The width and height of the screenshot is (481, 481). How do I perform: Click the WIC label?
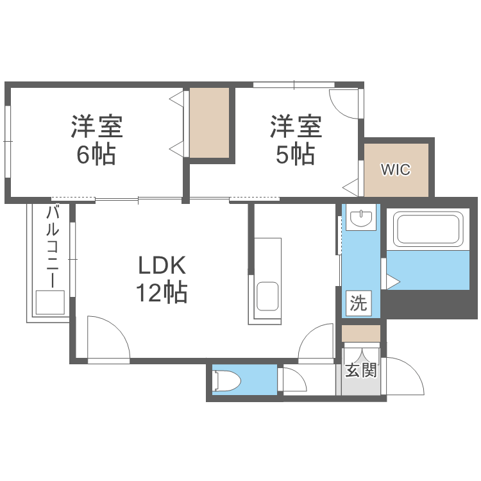[395, 170]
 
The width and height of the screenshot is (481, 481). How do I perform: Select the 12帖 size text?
[161, 293]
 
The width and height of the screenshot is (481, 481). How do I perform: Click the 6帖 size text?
[96, 155]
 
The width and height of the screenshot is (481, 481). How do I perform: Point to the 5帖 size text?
[295, 155]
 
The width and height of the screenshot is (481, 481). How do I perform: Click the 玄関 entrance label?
[360, 370]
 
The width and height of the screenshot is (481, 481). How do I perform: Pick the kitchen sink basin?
[267, 296]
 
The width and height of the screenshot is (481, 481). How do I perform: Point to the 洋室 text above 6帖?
[96, 126]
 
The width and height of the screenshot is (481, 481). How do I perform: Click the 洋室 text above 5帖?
[295, 126]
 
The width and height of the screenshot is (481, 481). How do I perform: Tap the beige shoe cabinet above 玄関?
[361, 333]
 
